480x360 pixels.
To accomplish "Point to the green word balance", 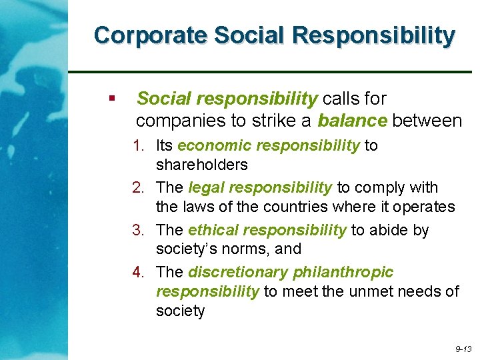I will point(352,121).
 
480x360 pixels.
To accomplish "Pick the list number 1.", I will point(138,145).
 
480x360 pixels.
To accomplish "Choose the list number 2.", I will point(138,188).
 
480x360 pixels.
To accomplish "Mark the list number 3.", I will point(138,231).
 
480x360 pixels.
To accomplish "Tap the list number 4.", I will point(138,273).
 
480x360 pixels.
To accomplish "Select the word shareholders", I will point(201,165).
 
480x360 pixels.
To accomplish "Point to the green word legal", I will point(207,188).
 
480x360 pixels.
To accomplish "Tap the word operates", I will point(427,207).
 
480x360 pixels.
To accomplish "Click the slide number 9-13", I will point(463,349).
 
